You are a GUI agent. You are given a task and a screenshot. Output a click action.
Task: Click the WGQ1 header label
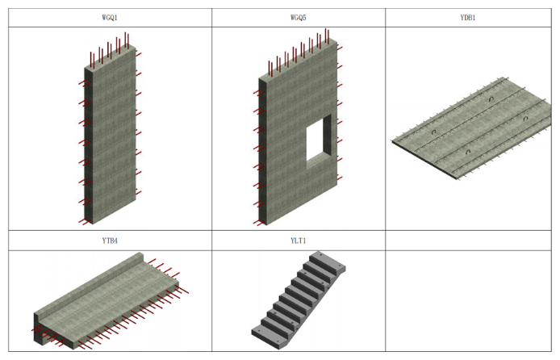[110, 18]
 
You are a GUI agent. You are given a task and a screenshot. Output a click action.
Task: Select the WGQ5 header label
[299, 18]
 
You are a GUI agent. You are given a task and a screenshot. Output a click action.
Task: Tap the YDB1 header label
[468, 18]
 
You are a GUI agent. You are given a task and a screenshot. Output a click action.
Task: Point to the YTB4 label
[110, 241]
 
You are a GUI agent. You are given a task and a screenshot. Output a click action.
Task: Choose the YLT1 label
[299, 241]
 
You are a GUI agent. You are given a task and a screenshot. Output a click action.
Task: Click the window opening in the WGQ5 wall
[319, 141]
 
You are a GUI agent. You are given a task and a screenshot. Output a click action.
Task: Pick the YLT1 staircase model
[299, 300]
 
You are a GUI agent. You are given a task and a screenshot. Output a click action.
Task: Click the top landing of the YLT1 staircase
[328, 262]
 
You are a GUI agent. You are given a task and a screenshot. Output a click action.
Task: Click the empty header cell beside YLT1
[468, 241]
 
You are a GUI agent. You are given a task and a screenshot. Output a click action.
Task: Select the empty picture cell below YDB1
[468, 301]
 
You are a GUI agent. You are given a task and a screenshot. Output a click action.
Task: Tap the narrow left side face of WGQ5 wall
[263, 152]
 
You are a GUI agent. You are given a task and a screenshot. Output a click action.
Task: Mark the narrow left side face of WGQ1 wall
[88, 146]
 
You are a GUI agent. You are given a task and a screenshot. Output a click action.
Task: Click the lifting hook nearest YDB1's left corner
[434, 132]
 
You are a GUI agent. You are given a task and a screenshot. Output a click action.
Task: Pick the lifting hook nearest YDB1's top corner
[491, 99]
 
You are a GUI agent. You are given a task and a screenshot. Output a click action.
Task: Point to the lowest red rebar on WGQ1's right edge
[139, 193]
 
